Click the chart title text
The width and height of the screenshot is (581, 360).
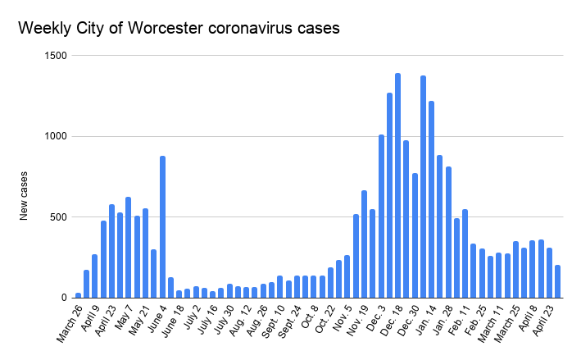[179, 28]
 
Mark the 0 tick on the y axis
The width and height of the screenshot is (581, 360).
[63, 298]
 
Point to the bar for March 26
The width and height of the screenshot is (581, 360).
[79, 295]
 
